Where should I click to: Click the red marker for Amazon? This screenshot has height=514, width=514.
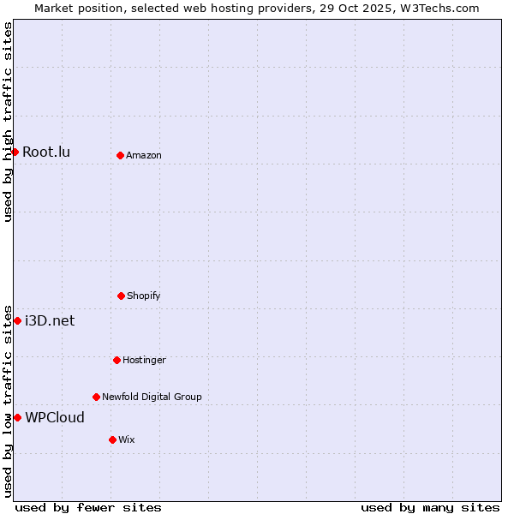tap(120, 155)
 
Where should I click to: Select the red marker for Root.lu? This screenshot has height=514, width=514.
tap(15, 152)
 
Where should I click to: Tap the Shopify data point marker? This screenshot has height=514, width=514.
tap(121, 296)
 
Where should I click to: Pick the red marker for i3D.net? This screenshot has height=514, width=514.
tap(17, 320)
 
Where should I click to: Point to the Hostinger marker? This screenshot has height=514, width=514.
tap(117, 360)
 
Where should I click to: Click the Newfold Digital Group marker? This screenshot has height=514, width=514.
tap(96, 397)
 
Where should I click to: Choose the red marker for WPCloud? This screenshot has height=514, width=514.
tap(17, 417)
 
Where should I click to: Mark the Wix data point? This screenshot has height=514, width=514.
tap(112, 439)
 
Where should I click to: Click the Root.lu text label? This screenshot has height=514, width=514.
tap(46, 152)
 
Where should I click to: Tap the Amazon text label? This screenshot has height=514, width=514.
tap(144, 156)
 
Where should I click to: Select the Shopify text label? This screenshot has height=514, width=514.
tap(144, 296)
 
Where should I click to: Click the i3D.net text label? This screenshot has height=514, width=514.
tap(50, 321)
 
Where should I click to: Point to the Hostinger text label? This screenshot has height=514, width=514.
tap(144, 361)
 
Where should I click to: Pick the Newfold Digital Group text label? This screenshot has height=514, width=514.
tap(152, 397)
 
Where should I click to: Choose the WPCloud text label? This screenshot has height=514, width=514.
tap(55, 418)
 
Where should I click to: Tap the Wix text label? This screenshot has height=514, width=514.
tap(127, 440)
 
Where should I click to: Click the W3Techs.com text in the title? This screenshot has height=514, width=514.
tap(442, 8)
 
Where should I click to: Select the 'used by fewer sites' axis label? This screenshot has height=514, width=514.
tap(88, 507)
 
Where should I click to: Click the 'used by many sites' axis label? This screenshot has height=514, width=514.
tap(430, 507)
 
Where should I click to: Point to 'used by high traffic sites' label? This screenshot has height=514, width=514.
tap(8, 122)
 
